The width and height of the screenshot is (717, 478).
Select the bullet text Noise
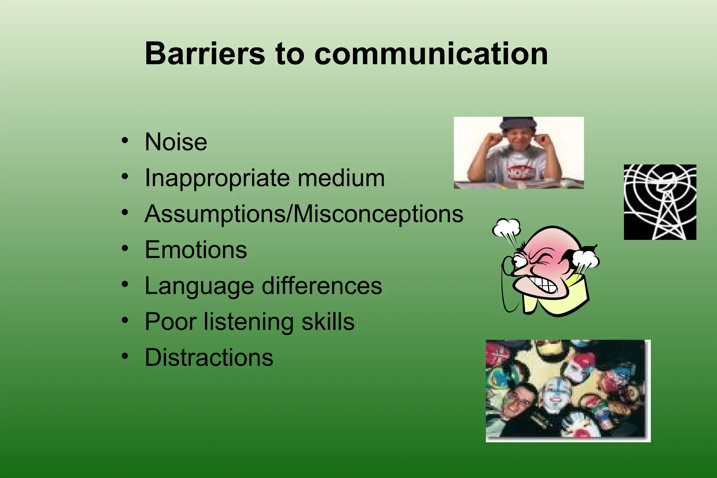176,142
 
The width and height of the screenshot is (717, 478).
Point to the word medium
341,178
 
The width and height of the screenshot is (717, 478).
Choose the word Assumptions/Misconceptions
304,214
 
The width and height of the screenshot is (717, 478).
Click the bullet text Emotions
196,250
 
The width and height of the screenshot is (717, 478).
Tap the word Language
199,286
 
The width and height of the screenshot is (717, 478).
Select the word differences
322,286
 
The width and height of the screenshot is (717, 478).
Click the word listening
249,322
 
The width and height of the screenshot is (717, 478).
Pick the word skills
328,321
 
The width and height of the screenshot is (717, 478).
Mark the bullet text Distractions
209,358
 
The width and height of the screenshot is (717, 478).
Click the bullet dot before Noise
125,141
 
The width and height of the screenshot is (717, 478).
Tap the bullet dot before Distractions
125,356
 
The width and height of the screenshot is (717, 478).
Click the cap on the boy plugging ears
518,123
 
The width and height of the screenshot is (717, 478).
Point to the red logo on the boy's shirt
518,172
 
